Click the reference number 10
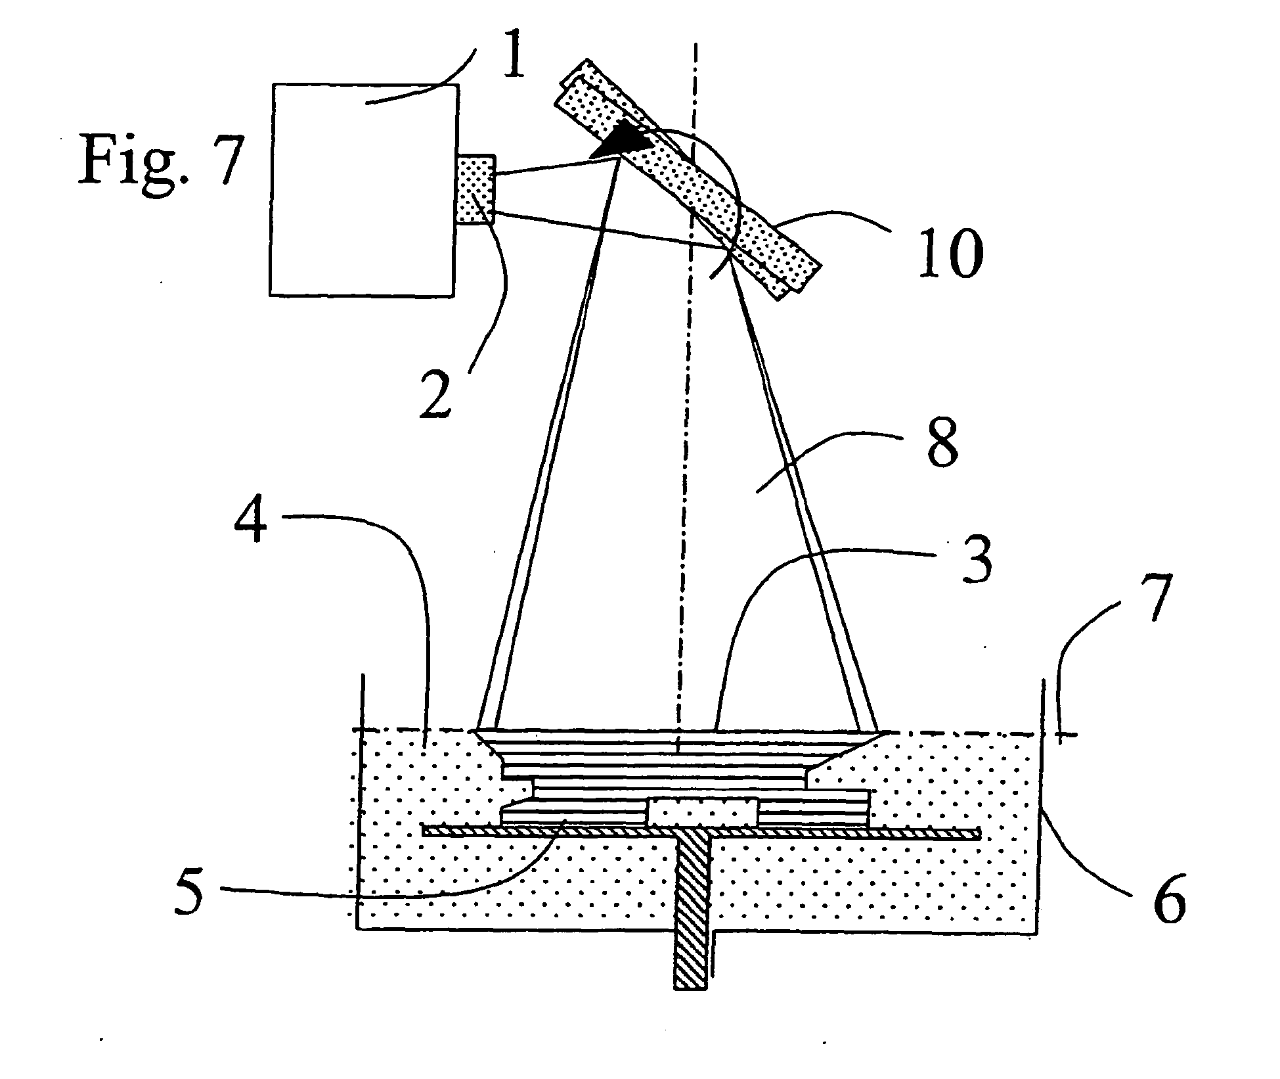(951, 253)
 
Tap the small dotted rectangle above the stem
(703, 812)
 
